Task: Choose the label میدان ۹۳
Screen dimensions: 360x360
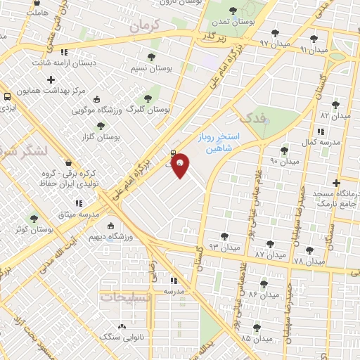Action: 224,247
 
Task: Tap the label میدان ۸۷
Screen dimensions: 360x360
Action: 269,253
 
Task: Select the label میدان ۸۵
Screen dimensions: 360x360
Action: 256,338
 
